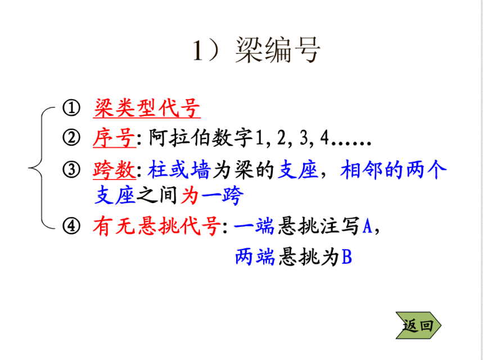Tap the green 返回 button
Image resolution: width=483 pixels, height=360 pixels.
click(418, 325)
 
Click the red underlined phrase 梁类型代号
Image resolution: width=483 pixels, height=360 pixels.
click(146, 108)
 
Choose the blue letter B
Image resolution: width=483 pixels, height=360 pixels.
click(346, 258)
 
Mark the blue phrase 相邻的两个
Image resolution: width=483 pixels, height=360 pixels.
click(393, 169)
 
